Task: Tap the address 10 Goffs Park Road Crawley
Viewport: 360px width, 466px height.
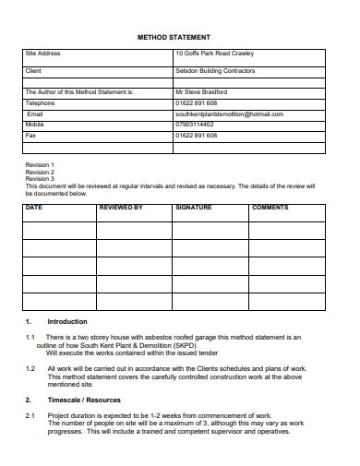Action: [215, 54]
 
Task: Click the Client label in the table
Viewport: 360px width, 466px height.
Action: [34, 70]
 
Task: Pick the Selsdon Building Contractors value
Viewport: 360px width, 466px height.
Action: [215, 70]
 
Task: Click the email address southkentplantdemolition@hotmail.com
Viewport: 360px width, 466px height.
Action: [229, 114]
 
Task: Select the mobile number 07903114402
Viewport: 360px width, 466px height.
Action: [195, 124]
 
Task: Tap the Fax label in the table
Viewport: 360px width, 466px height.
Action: [30, 136]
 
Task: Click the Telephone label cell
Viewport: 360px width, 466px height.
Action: [41, 103]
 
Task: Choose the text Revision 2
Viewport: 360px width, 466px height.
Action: [40, 173]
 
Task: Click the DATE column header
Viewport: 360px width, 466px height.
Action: [34, 208]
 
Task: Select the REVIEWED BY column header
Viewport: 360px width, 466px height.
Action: [121, 208]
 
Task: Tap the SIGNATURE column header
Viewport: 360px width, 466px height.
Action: [194, 208]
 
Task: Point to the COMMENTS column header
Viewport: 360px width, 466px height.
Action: [270, 208]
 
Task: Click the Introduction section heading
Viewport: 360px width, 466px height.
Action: [67, 321]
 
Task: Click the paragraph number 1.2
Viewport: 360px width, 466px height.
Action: [30, 368]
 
